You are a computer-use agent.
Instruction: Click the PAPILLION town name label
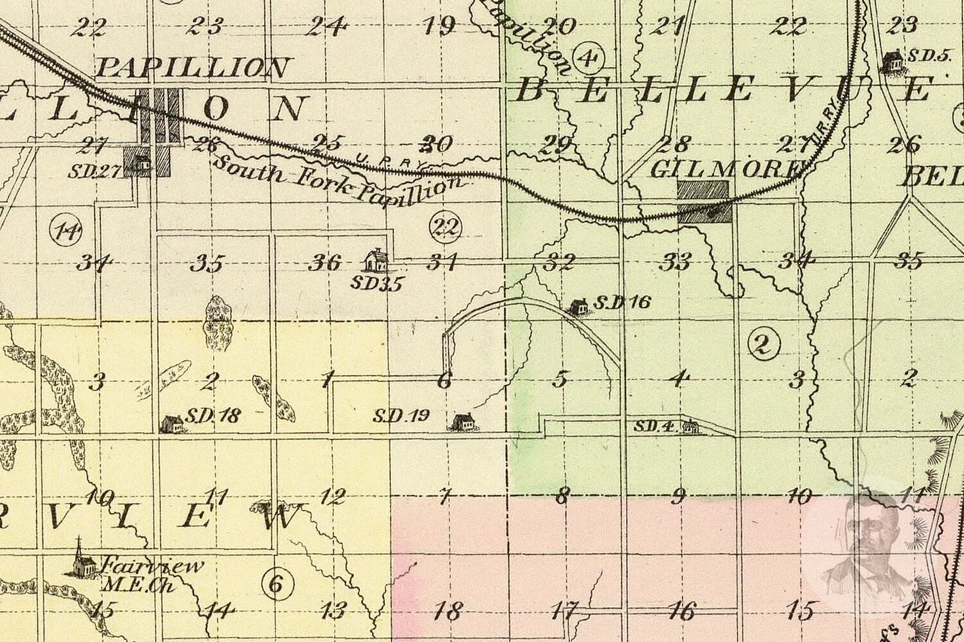coord(192,67)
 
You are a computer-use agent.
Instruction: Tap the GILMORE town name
coord(726,169)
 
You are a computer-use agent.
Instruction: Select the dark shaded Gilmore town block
coord(704,201)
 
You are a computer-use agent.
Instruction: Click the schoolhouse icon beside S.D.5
coord(892,62)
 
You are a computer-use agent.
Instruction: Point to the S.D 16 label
coord(621,302)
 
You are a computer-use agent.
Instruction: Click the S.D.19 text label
coord(401,416)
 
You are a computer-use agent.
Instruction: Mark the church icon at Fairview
coord(79,558)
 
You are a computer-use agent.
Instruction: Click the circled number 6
coord(277,584)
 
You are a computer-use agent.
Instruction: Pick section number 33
coord(677,261)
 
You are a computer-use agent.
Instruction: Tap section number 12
coord(332,496)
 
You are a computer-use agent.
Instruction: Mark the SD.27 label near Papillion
coord(89,170)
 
